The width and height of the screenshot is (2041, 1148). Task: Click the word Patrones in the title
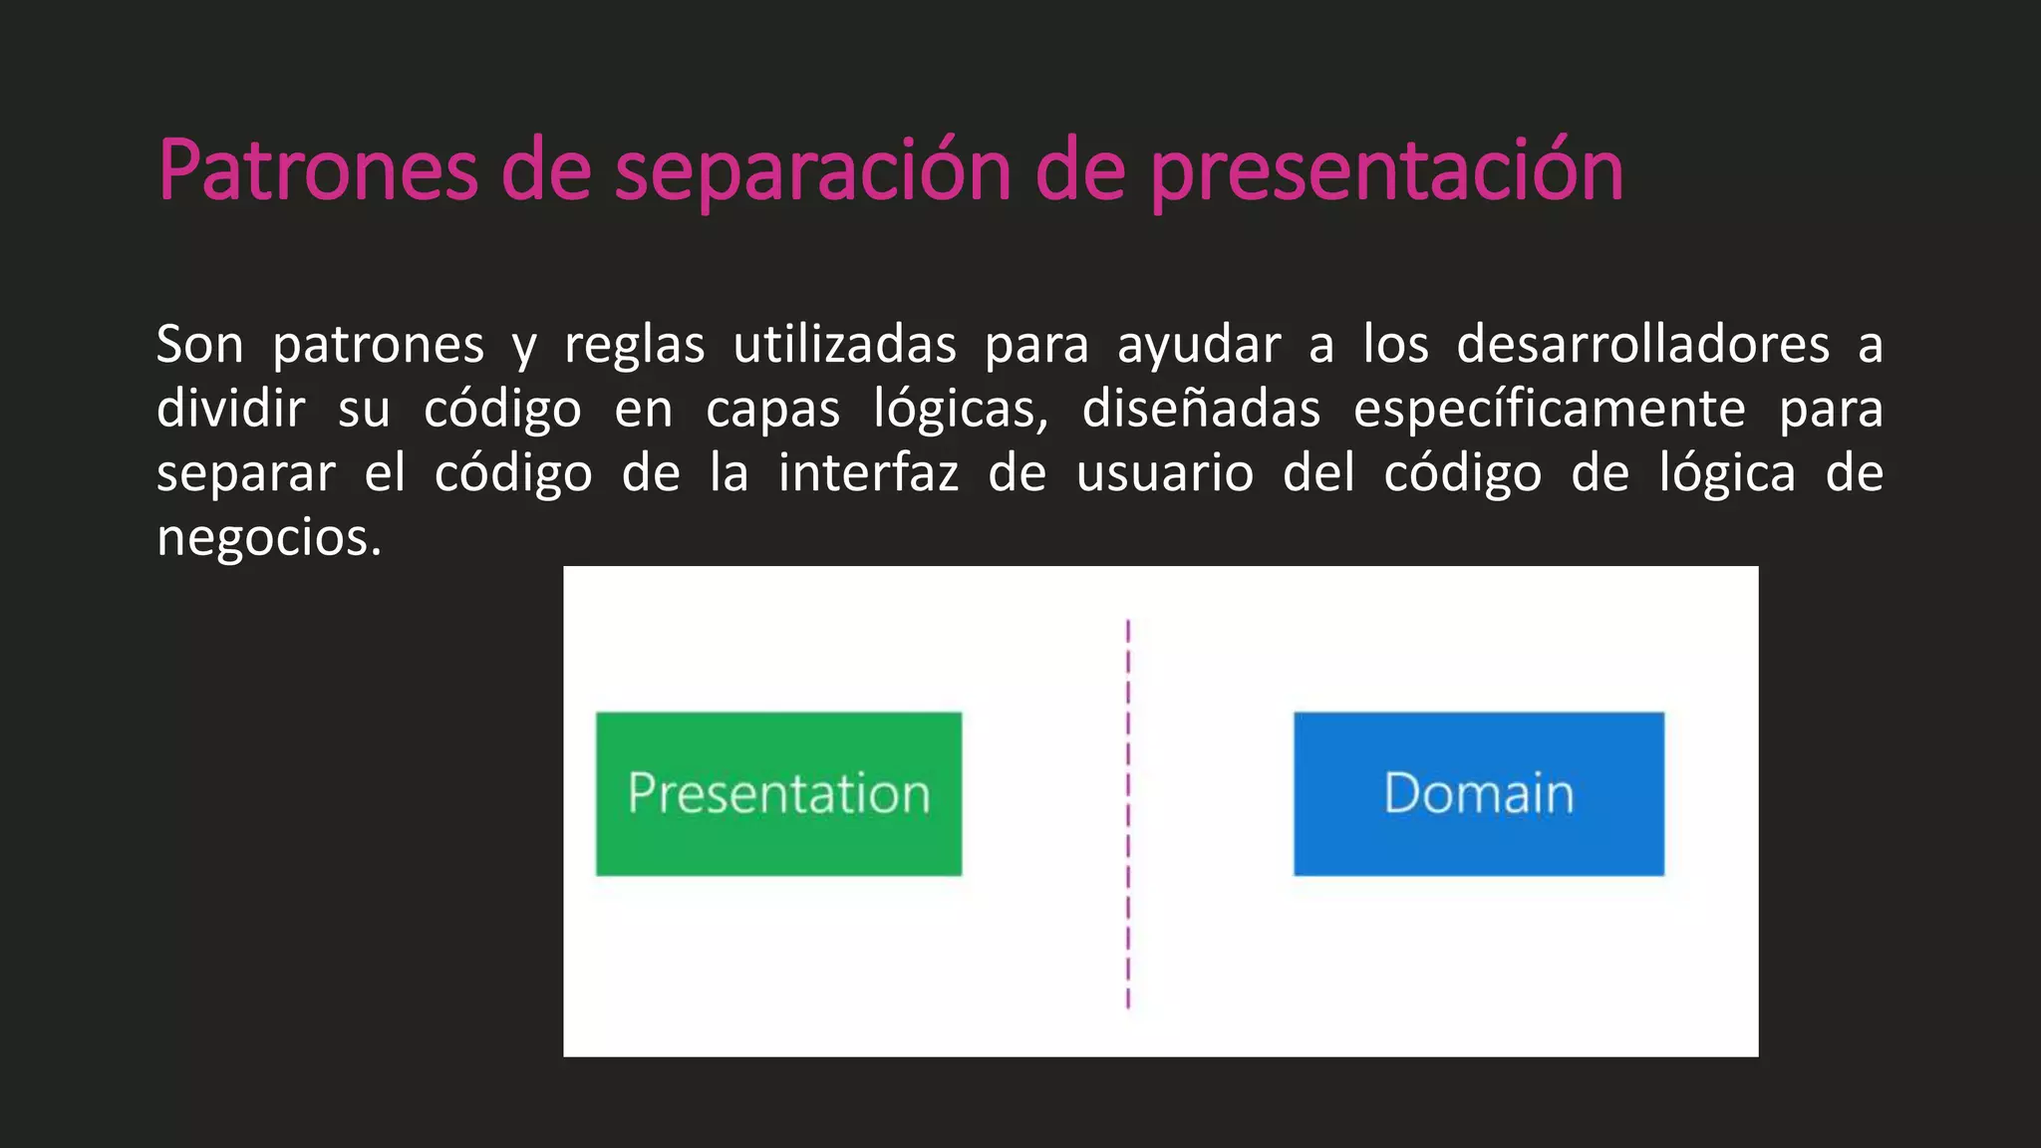click(x=318, y=171)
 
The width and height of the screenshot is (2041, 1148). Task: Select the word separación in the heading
click(x=813, y=171)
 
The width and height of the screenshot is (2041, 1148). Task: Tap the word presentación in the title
click(x=1386, y=171)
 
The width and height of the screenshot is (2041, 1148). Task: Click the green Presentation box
click(x=778, y=793)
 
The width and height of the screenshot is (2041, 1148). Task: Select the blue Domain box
click(x=1478, y=793)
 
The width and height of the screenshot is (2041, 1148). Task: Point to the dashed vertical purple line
click(x=1128, y=813)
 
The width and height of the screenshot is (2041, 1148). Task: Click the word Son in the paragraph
click(x=199, y=345)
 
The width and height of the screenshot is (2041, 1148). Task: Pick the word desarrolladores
click(x=1642, y=345)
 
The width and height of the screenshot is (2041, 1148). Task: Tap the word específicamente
click(x=1549, y=410)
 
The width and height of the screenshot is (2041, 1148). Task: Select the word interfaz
click(x=868, y=473)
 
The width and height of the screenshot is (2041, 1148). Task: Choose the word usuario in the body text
click(x=1164, y=473)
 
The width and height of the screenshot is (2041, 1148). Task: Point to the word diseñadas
click(x=1201, y=410)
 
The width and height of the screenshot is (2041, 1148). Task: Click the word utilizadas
click(x=844, y=345)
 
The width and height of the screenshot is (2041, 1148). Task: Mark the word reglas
click(x=634, y=345)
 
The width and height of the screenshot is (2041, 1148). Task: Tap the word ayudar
click(x=1198, y=345)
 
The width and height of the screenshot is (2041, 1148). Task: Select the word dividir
click(x=230, y=410)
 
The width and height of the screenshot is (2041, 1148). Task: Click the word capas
click(x=772, y=410)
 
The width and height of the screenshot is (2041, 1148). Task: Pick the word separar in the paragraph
click(x=245, y=473)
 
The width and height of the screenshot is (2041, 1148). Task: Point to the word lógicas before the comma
click(x=956, y=410)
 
